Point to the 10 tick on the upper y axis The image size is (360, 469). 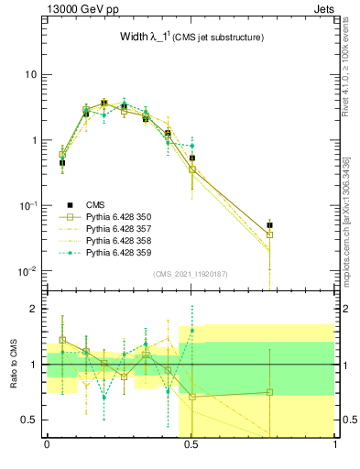coord(30,74)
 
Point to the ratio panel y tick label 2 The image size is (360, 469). coord(37,310)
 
